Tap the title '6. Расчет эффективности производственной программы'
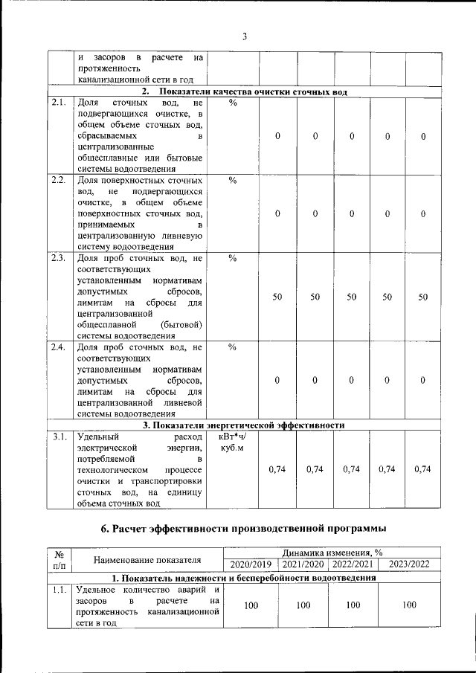[x=243, y=529]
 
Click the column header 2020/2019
[x=251, y=565]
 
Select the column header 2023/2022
[x=409, y=565]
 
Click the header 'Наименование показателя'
[x=147, y=559]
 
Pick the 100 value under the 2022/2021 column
[x=353, y=606]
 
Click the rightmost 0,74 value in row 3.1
[x=422, y=469]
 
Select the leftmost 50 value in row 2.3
[x=277, y=297]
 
